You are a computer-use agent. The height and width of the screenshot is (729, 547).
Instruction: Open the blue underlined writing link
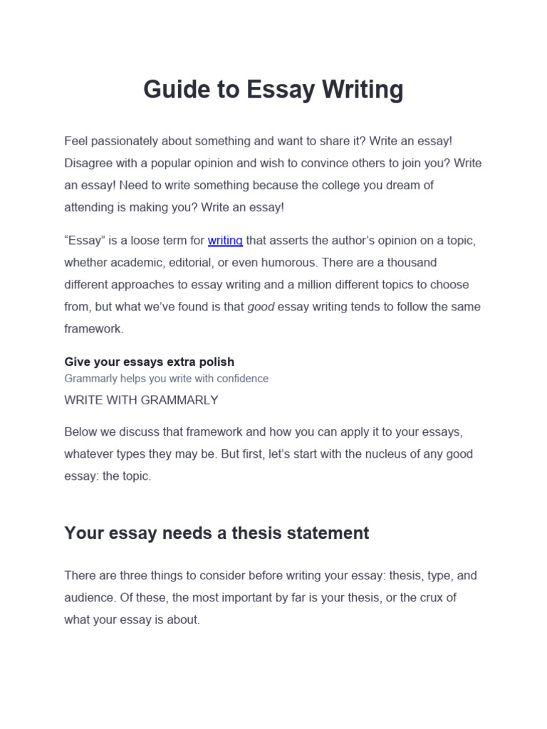tap(225, 241)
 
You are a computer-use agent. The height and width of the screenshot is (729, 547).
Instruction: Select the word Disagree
tap(88, 163)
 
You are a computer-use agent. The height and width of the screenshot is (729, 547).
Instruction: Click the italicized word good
tap(261, 306)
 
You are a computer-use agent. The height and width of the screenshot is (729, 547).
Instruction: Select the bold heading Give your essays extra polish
tap(149, 362)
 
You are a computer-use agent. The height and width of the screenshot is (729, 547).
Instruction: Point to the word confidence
tap(239, 379)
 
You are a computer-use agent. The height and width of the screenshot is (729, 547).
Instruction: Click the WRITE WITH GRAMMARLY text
tap(141, 400)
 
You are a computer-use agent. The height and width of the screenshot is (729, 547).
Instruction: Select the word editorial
tap(187, 262)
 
